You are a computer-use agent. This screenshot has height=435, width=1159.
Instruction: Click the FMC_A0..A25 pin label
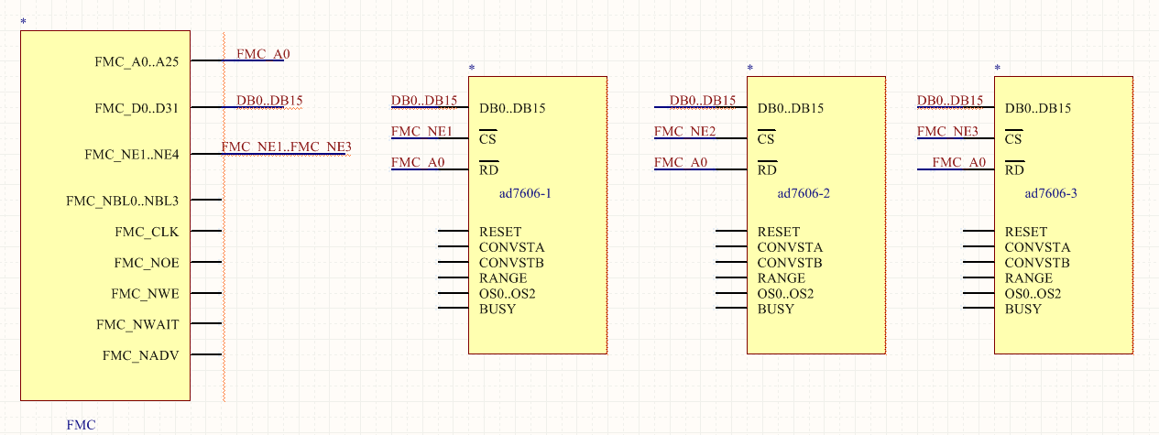(142, 62)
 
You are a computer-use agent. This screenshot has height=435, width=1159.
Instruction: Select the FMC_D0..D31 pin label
(142, 108)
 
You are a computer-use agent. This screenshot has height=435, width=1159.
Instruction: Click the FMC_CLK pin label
(147, 232)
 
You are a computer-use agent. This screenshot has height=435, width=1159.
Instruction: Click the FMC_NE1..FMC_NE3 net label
(286, 147)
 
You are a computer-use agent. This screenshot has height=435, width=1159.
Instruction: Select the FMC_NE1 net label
(421, 132)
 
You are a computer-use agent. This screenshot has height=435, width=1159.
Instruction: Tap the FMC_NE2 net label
(685, 132)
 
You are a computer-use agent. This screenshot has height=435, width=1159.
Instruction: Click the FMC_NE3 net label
(947, 132)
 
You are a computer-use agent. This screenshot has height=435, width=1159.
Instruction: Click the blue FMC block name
(81, 425)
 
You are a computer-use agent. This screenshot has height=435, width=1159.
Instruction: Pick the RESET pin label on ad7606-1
(500, 232)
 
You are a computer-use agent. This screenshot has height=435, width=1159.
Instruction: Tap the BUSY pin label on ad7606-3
(1022, 309)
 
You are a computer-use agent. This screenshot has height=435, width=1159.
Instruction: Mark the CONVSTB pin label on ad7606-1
(512, 263)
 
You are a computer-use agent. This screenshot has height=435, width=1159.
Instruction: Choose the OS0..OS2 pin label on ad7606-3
(1033, 293)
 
